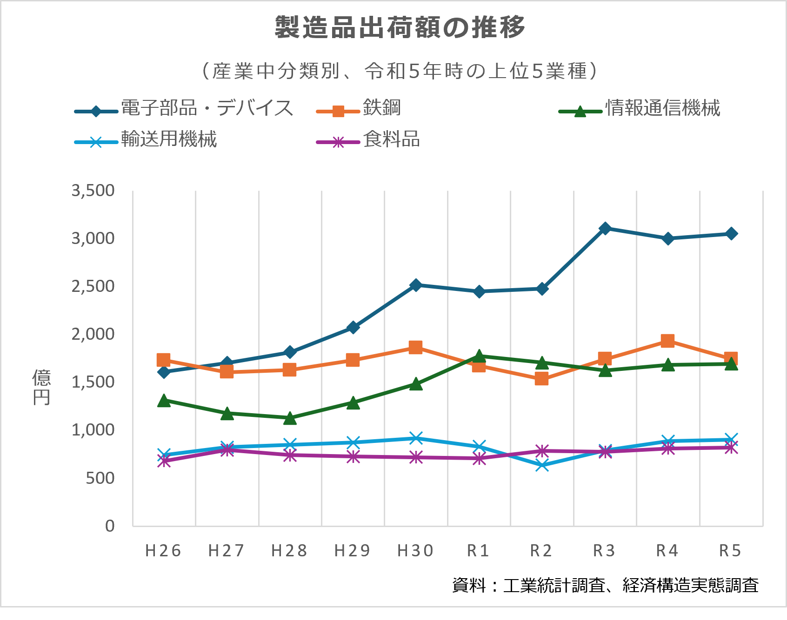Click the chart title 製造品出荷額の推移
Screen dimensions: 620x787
click(x=400, y=27)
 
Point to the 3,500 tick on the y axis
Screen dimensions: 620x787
click(x=93, y=191)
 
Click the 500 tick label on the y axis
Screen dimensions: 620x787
click(x=100, y=478)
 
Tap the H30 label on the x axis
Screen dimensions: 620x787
click(x=415, y=551)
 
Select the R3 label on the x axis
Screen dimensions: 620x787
click(x=604, y=551)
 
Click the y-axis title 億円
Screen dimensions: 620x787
click(x=41, y=388)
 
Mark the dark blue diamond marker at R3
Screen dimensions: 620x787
click(x=605, y=228)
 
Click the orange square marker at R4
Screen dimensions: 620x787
click(x=667, y=341)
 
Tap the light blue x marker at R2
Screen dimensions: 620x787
click(x=542, y=465)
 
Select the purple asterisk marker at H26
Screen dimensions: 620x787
click(x=164, y=461)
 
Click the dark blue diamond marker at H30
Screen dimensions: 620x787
click(x=416, y=285)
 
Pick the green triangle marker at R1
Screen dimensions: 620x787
click(x=479, y=356)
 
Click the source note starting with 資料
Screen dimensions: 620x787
click(x=605, y=585)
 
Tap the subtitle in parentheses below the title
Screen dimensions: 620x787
click(x=400, y=71)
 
